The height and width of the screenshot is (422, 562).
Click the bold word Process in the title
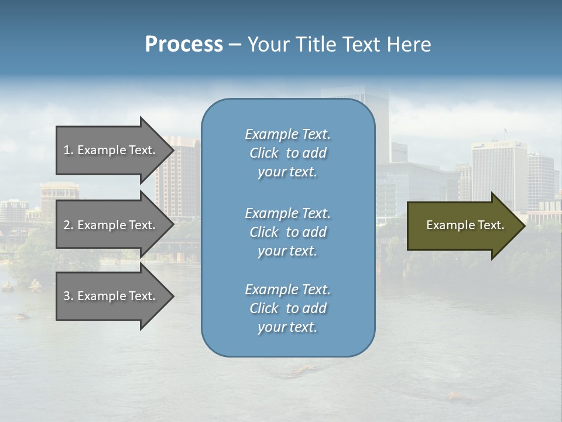184,45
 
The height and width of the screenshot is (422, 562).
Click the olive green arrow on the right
462,225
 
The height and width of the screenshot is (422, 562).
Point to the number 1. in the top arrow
68,150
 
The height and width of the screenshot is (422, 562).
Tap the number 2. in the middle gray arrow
68,225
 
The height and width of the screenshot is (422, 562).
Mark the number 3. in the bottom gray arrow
68,296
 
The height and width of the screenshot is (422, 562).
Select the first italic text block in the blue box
287,153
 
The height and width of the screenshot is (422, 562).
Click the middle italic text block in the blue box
287,232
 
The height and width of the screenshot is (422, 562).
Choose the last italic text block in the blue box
287,308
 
